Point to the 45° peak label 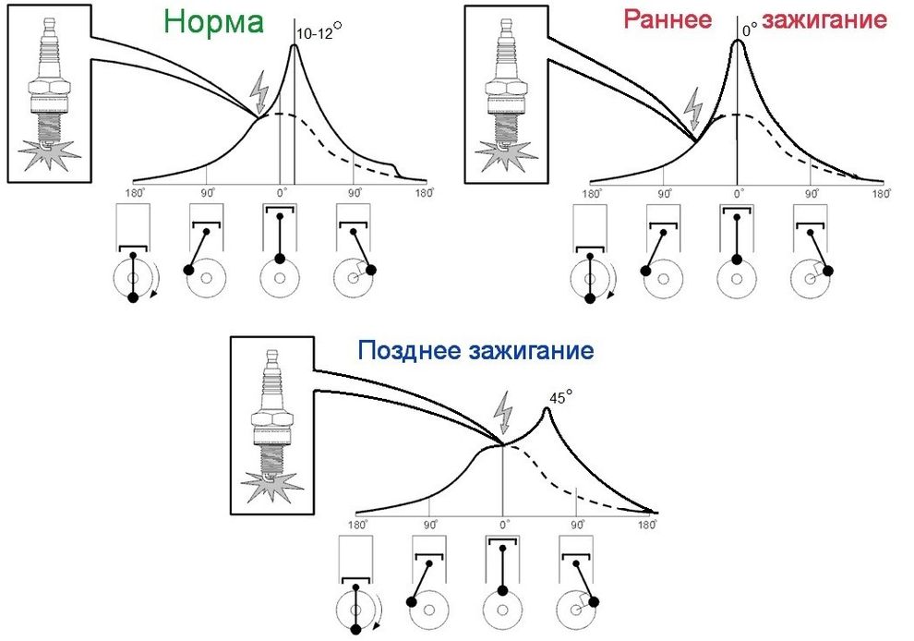point(560,397)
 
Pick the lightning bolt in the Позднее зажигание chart point(502,413)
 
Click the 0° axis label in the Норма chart point(282,194)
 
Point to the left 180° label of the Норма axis point(134,194)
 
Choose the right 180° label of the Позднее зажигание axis point(651,524)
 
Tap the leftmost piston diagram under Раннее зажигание point(590,253)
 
